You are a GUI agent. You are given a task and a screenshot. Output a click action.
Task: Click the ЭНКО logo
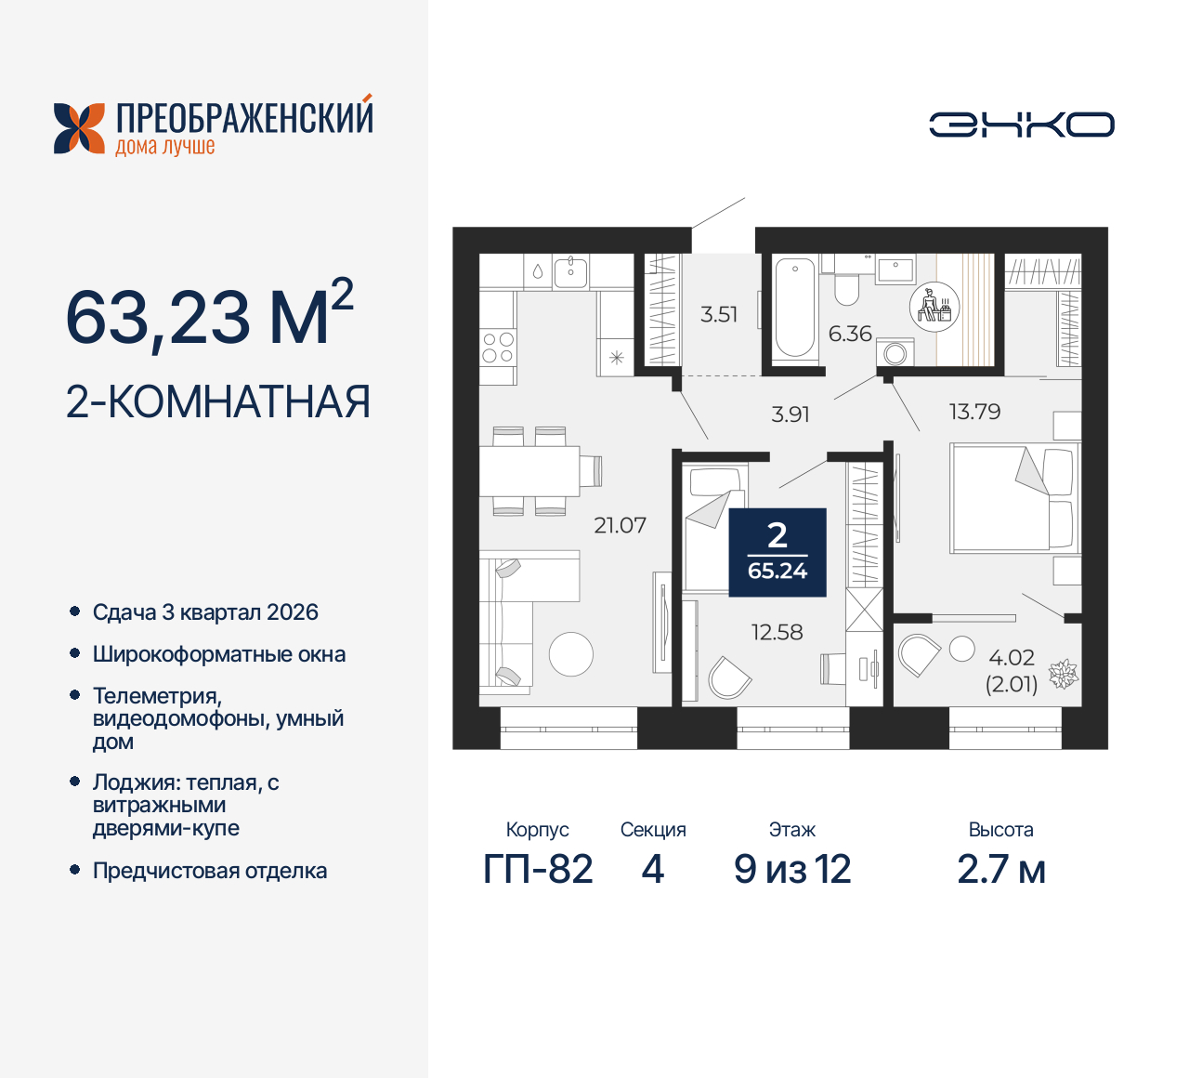pyautogui.click(x=1021, y=125)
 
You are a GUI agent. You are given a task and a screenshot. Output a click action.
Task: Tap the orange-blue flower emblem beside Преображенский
pyautogui.click(x=79, y=128)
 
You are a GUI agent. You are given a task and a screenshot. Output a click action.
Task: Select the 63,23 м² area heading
pyautogui.click(x=209, y=316)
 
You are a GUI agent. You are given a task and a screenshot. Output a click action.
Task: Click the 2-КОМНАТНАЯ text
pyautogui.click(x=218, y=402)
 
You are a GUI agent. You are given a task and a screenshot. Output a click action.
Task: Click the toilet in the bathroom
pyautogui.click(x=846, y=288)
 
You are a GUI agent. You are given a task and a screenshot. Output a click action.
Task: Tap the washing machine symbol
pyautogui.click(x=895, y=353)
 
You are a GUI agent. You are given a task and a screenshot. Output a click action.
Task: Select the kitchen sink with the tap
pyautogui.click(x=570, y=271)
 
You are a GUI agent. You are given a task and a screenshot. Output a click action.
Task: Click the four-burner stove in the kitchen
pyautogui.click(x=498, y=348)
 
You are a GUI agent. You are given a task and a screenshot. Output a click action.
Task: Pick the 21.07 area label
pyautogui.click(x=620, y=525)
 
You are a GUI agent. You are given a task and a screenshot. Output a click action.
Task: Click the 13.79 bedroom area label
pyautogui.click(x=974, y=412)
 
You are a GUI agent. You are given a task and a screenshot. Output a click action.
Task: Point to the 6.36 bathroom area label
pyautogui.click(x=850, y=334)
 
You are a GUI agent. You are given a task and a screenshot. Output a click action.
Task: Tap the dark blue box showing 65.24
pyautogui.click(x=777, y=552)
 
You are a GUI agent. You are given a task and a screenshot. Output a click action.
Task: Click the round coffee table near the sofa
pyautogui.click(x=570, y=653)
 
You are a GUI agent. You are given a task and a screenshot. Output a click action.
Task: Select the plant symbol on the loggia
pyautogui.click(x=1064, y=674)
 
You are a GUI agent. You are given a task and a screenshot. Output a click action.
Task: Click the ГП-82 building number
pyautogui.click(x=538, y=870)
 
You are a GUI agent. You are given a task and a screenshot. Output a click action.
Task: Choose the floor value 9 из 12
pyautogui.click(x=792, y=870)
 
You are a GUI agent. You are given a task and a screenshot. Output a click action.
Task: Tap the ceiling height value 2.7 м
pyautogui.click(x=1001, y=870)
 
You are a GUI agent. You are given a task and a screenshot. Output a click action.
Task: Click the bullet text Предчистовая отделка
pyautogui.click(x=210, y=871)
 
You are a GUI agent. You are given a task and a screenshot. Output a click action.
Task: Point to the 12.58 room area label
pyautogui.click(x=777, y=632)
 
